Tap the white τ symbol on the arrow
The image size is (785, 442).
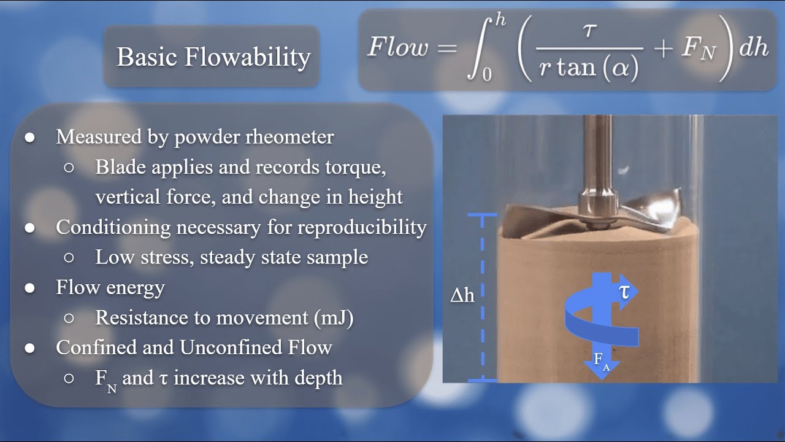tap(624, 292)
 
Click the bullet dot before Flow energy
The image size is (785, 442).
tap(30, 288)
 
